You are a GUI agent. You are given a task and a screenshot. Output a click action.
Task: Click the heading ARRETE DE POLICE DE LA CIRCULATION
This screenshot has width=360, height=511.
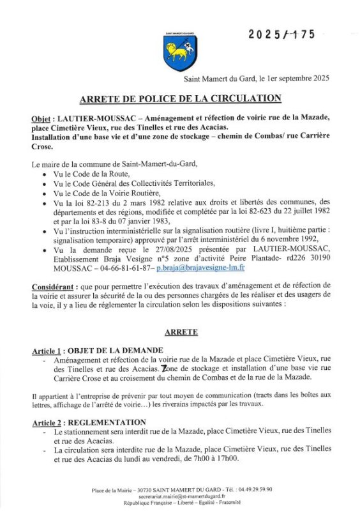click(x=180, y=98)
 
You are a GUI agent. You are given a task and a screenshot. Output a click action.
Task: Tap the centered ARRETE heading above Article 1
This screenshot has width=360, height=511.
click(x=181, y=332)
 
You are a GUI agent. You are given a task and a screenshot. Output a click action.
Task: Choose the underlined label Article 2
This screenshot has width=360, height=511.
click(x=50, y=422)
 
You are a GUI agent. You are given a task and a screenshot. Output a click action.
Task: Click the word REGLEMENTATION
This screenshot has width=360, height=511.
click(x=112, y=422)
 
